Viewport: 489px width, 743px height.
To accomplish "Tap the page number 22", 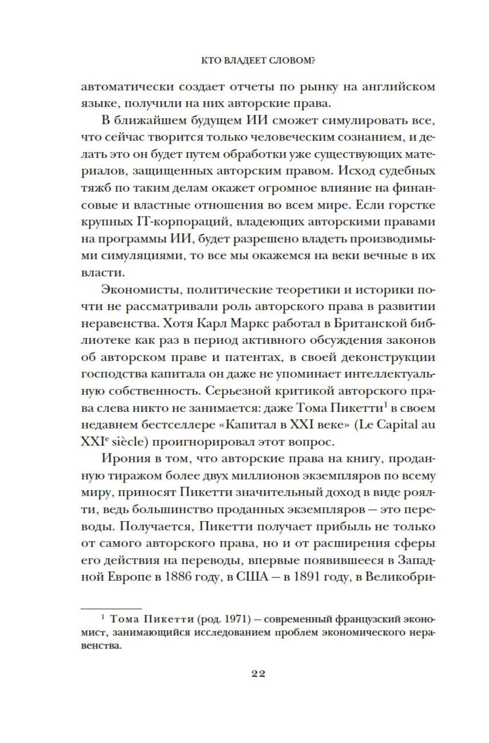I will (258, 673).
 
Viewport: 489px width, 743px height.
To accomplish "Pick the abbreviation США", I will (253, 576).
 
